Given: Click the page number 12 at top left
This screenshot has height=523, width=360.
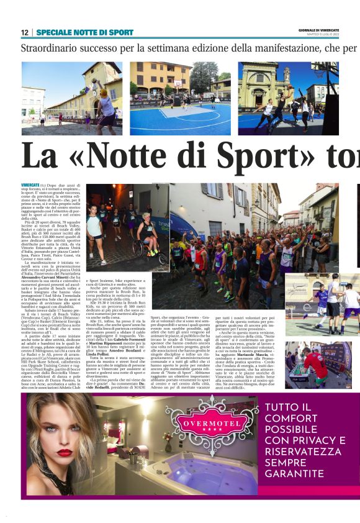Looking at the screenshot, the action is (x=24, y=32).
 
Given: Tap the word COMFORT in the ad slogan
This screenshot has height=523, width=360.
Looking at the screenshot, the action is (x=290, y=420).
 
